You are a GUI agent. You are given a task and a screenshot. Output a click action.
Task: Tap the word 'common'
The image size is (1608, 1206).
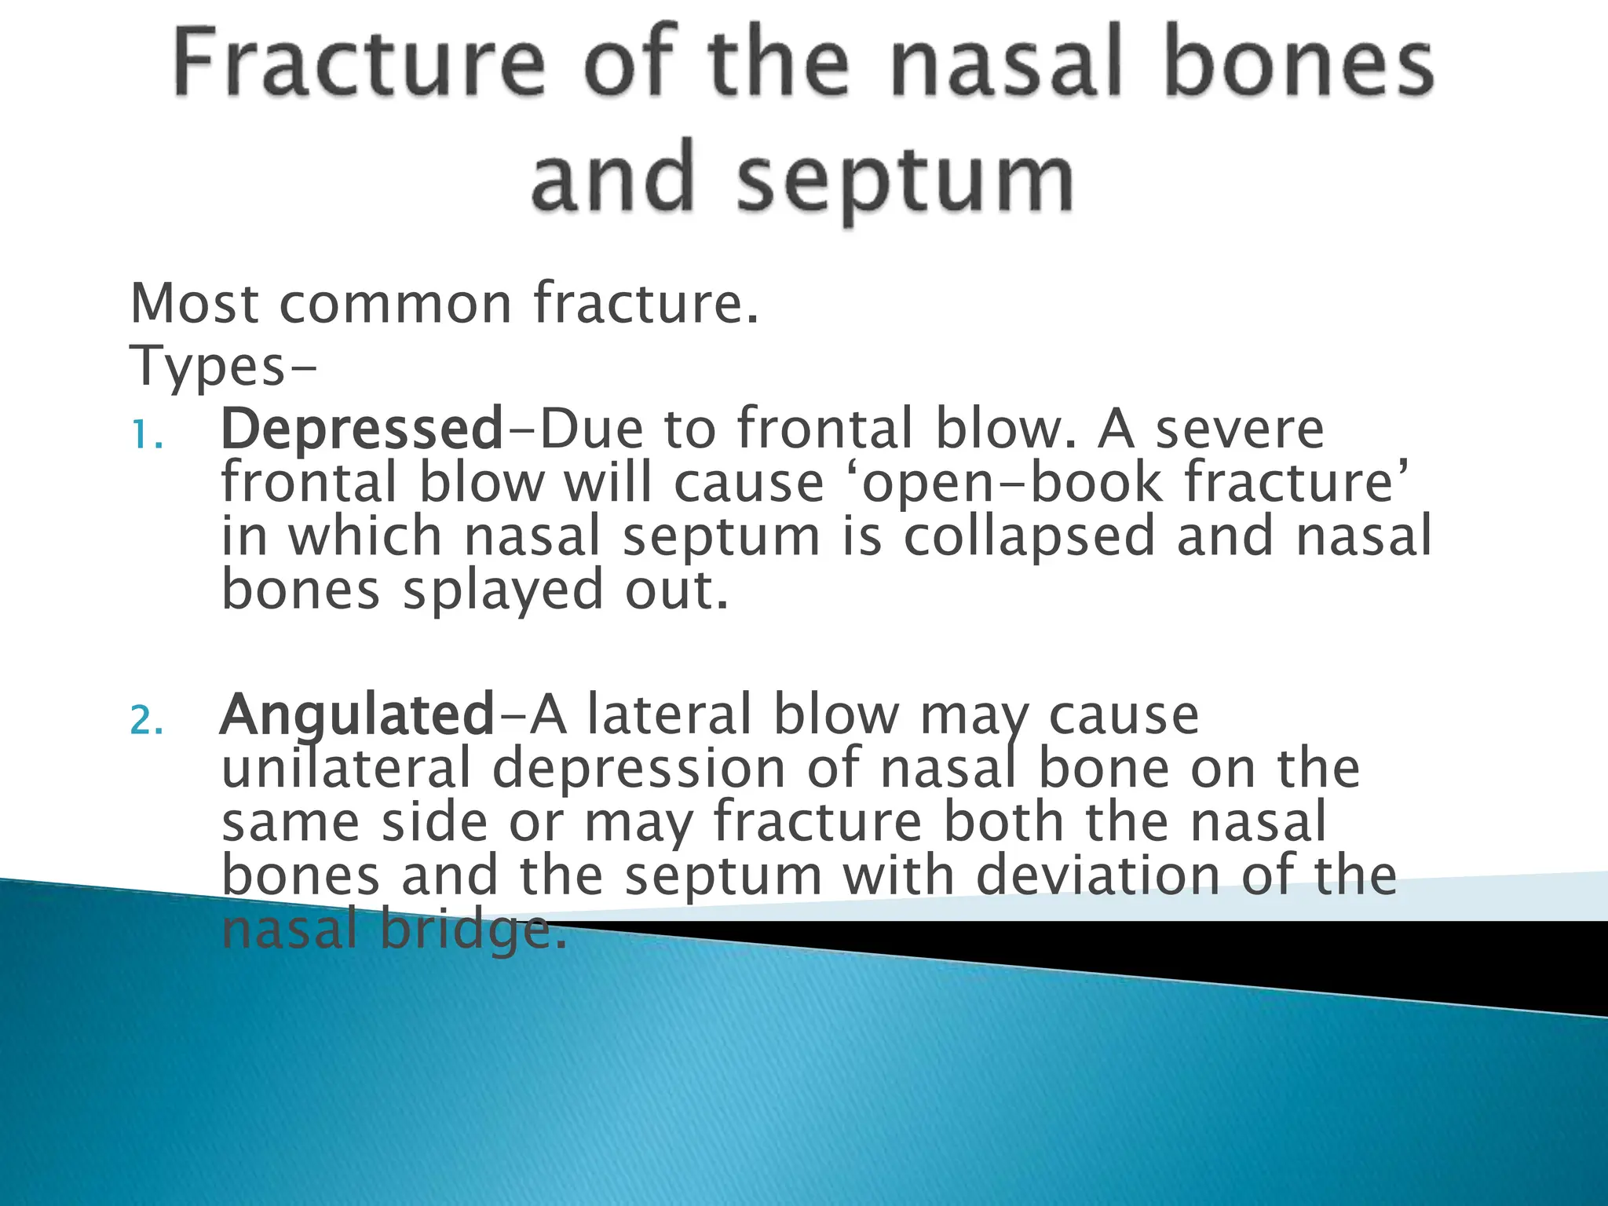(x=396, y=305)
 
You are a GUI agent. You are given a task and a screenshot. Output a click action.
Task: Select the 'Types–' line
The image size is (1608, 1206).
(x=224, y=366)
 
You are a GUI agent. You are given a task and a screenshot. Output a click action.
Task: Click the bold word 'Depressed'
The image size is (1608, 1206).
(x=362, y=429)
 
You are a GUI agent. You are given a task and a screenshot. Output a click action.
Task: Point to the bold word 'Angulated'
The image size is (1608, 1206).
(x=357, y=715)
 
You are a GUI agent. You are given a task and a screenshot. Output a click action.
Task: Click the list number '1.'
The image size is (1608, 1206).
(x=148, y=435)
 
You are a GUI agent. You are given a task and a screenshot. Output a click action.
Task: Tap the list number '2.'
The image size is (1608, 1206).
(x=148, y=721)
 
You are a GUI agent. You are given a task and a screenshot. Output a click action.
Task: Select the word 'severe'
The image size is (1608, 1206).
(x=1240, y=429)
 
